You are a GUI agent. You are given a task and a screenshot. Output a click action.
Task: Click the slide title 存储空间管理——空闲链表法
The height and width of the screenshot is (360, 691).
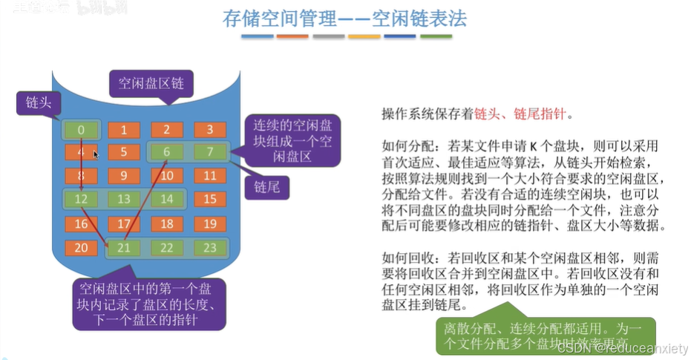coord(345,19)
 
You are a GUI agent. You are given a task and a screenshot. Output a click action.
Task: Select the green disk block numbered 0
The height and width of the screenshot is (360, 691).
coord(80,130)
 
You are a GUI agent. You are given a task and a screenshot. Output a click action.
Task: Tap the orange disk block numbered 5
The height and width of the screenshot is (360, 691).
coord(123,153)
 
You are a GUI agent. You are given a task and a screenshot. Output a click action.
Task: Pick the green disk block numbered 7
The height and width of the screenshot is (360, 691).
coord(210,153)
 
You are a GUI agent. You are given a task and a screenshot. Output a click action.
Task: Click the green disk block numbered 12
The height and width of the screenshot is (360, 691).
coord(80,199)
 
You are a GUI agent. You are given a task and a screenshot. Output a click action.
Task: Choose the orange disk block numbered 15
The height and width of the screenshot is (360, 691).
coord(210,199)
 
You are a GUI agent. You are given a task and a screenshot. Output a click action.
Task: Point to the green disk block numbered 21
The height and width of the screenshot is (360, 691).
coord(123,247)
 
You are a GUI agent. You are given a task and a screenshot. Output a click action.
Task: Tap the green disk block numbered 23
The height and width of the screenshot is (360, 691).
coord(210,247)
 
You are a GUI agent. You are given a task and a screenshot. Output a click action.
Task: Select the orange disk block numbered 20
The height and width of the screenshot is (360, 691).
coord(80,247)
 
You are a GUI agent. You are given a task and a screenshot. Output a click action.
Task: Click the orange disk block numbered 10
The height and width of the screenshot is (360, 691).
coord(167,176)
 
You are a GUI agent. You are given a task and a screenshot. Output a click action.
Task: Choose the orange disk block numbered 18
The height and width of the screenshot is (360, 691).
coord(167,223)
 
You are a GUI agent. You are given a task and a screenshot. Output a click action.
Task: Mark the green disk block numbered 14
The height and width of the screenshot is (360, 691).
coord(167,199)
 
